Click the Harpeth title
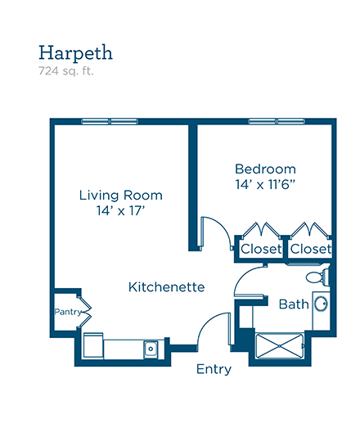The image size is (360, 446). pyautogui.click(x=75, y=52)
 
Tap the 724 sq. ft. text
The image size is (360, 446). pyautogui.click(x=66, y=71)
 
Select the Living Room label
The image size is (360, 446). pyautogui.click(x=121, y=196)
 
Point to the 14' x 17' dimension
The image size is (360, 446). pyautogui.click(x=121, y=211)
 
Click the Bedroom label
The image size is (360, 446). pyautogui.click(x=265, y=169)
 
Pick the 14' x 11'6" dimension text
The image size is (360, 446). pyautogui.click(x=265, y=185)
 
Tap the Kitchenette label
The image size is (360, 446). pyautogui.click(x=167, y=287)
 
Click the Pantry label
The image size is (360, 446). pyautogui.click(x=68, y=312)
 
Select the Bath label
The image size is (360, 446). pyautogui.click(x=294, y=304)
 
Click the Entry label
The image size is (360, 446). pyautogui.click(x=214, y=369)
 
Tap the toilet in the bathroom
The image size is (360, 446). pyautogui.click(x=317, y=276)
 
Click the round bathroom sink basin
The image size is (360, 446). pyautogui.click(x=321, y=304)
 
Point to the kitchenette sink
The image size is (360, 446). pyautogui.click(x=151, y=349)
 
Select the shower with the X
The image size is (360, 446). pyautogui.click(x=280, y=345)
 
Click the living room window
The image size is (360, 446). pyautogui.click(x=110, y=121)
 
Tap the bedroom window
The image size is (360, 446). pyautogui.click(x=277, y=121)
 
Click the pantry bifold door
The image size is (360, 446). pyautogui.click(x=84, y=313)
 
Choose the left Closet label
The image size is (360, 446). pyautogui.click(x=261, y=249)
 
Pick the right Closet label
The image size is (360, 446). pyautogui.click(x=311, y=249)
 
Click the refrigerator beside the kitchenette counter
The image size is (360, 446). pyautogui.click(x=93, y=345)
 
